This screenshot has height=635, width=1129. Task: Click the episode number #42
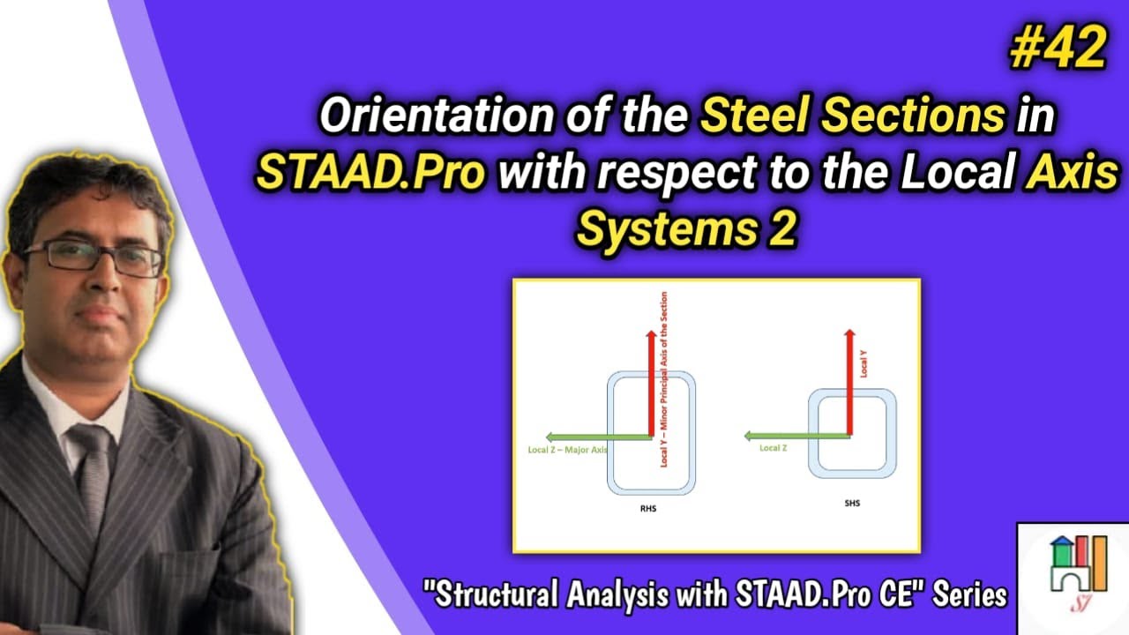[1057, 49]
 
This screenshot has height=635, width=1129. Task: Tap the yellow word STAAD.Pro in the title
[371, 174]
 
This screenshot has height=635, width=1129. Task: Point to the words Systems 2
[685, 229]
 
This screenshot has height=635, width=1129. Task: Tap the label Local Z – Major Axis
[562, 451]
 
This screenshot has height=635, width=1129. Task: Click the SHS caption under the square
[851, 504]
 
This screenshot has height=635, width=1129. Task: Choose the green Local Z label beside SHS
[773, 448]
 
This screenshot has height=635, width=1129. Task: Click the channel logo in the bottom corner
[1073, 578]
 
